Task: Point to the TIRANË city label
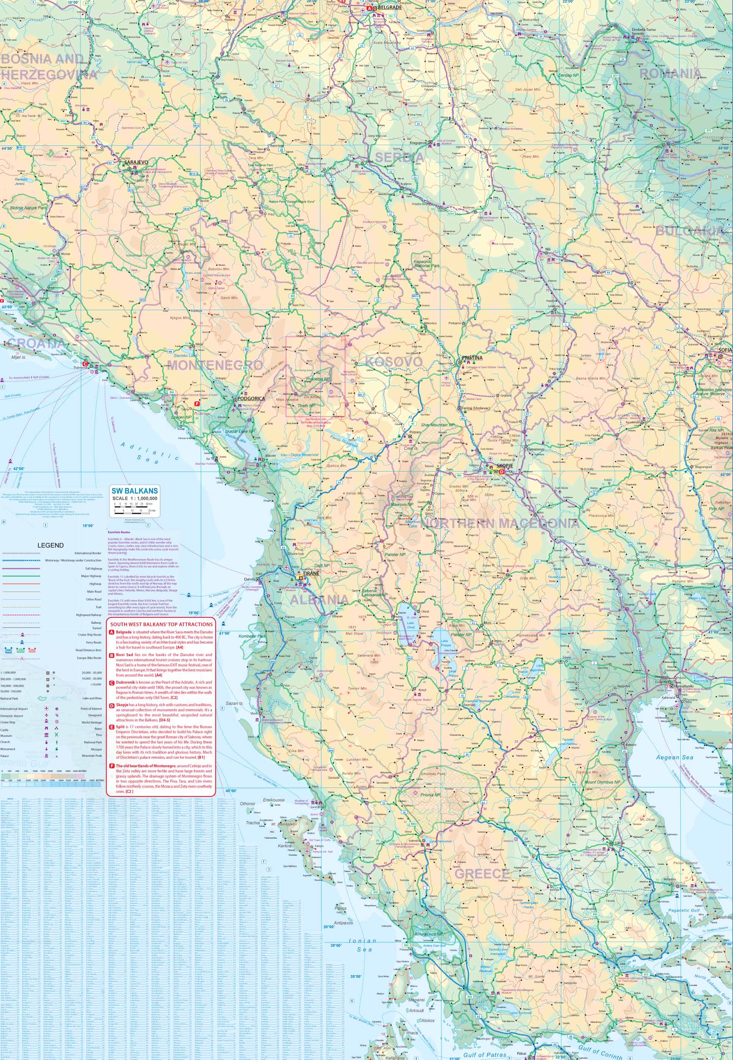[x=309, y=574]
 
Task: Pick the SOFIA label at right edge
[x=725, y=350]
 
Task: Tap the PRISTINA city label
[x=473, y=357]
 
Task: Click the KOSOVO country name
[x=394, y=362]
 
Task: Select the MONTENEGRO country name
[x=215, y=365]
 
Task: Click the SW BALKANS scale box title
[x=135, y=491]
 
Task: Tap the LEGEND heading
[x=50, y=545]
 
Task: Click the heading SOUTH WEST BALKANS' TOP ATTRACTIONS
[x=161, y=624]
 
